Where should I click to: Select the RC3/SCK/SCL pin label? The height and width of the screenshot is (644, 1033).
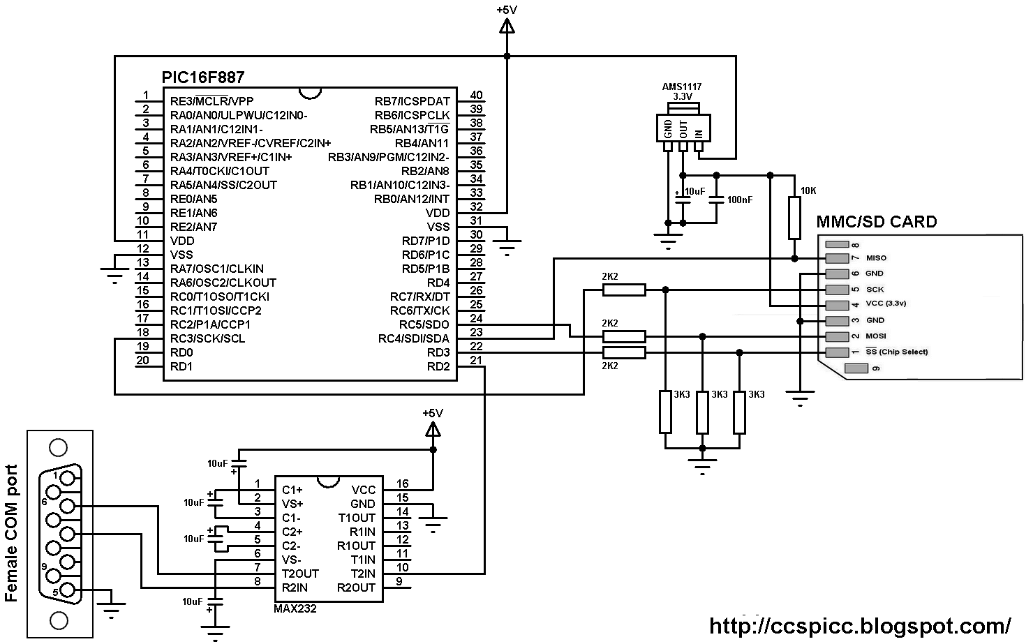tap(207, 338)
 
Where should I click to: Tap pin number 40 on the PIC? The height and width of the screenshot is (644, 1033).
tap(476, 96)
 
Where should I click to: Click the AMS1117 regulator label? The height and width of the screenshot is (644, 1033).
tap(682, 87)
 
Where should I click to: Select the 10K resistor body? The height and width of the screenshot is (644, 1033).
tap(794, 218)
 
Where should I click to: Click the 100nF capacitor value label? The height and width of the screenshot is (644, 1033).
tap(740, 200)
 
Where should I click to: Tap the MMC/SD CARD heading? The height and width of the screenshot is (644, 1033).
tap(876, 222)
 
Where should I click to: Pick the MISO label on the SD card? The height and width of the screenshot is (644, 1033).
tap(876, 258)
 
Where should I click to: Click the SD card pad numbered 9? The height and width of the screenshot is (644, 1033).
tap(856, 368)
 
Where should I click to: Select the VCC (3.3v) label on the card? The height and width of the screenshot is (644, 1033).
tap(886, 304)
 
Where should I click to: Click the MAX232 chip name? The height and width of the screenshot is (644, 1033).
tap(295, 608)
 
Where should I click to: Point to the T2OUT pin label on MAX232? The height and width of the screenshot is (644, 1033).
tap(300, 574)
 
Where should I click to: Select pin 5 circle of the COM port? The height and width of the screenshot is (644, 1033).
tap(68, 590)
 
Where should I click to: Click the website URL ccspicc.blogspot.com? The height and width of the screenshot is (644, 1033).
tap(860, 624)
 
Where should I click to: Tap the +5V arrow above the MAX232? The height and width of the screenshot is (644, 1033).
tap(433, 430)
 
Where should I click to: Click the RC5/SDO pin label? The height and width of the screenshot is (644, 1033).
tap(424, 324)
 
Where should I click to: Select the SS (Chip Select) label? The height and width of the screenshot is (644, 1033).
tap(897, 352)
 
